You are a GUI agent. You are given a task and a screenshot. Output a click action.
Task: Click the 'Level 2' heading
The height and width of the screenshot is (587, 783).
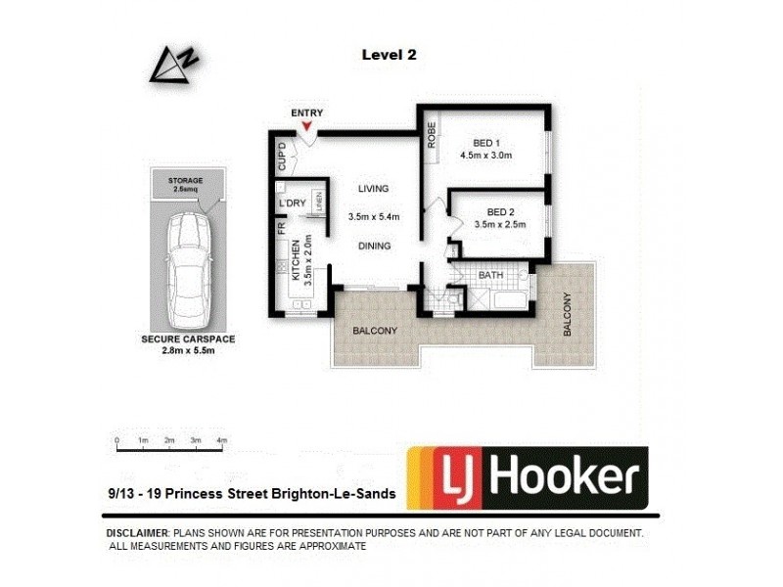click(389, 56)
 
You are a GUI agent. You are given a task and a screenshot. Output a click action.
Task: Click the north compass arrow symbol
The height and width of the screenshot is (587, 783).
click(172, 65)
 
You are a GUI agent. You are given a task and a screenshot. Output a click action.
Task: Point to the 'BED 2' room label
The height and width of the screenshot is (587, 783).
click(500, 212)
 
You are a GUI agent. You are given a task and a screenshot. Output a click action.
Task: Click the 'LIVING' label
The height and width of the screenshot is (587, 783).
click(373, 189)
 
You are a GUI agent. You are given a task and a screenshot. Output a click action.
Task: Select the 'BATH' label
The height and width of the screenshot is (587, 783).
click(490, 276)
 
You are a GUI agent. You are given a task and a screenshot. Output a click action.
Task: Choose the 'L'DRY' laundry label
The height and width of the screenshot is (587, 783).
click(294, 203)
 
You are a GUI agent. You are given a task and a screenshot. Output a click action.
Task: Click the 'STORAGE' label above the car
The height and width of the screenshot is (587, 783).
click(185, 181)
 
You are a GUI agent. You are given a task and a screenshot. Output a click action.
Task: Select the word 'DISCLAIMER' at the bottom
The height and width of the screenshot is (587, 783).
click(137, 533)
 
